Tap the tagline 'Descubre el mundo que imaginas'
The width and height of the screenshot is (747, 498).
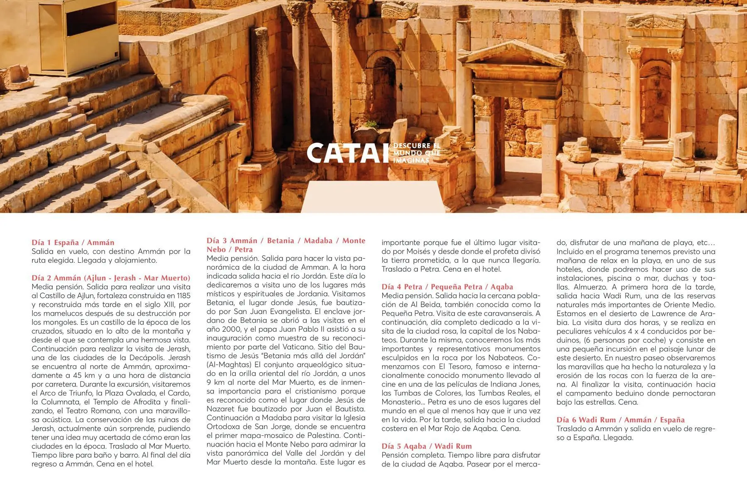point(416,153)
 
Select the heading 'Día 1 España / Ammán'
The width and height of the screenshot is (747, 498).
point(73,242)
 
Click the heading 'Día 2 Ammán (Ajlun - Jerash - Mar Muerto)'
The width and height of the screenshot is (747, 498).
point(111,278)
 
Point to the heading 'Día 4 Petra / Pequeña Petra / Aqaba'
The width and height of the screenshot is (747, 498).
point(447,287)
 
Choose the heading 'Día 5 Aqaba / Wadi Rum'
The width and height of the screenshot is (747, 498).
point(427,446)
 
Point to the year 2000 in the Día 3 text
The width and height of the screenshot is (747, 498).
point(225,329)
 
